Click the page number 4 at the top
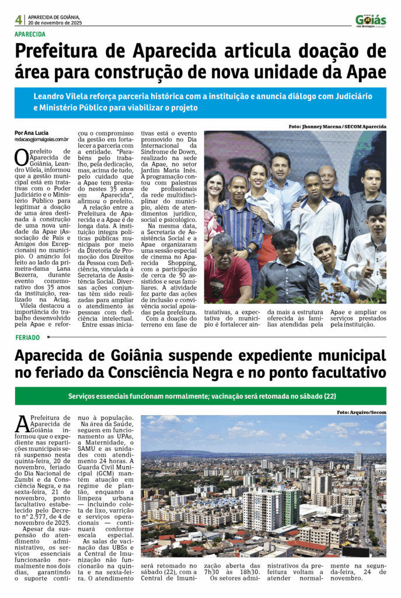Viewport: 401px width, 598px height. (19, 20)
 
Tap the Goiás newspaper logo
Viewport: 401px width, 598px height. (370, 21)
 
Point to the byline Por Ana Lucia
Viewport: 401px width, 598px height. (32, 133)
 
